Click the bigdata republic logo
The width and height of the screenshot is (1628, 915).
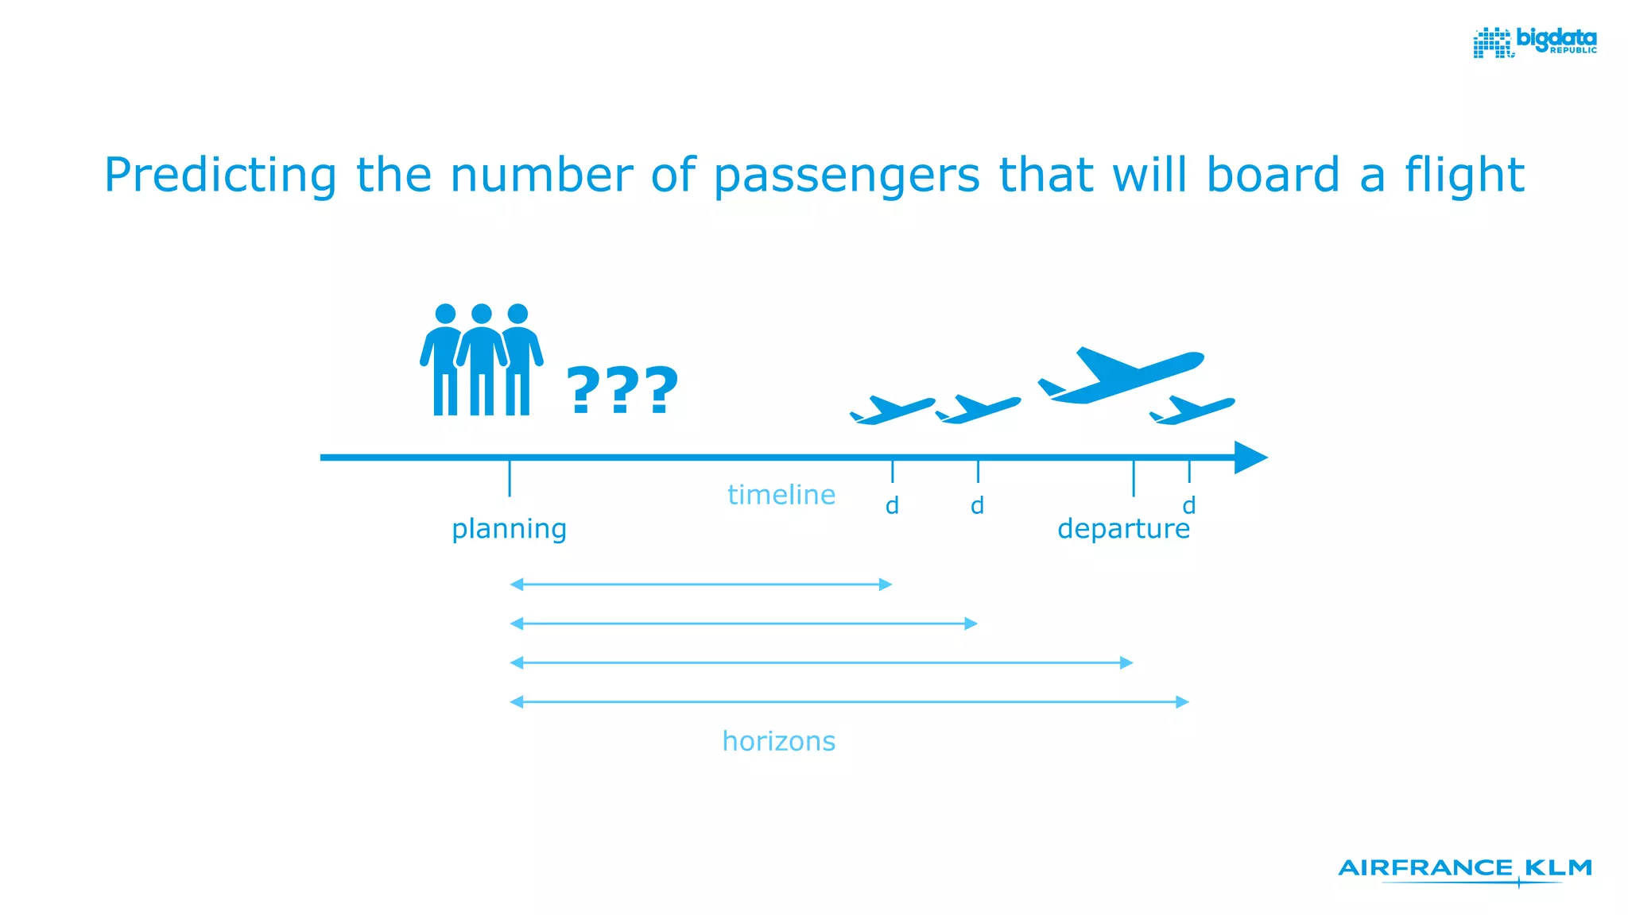pos(1534,42)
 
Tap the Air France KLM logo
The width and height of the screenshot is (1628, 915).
pos(1465,870)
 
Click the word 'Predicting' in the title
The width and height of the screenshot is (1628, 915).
pos(220,176)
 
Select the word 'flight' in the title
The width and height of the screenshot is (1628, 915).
pos(1464,176)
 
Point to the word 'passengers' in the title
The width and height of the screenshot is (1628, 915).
pos(847,176)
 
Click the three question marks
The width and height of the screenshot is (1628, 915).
pos(622,390)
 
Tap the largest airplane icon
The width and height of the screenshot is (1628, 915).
pos(1121,374)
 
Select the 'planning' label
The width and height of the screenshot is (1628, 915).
pos(509,529)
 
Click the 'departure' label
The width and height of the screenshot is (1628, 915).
pos(1123,529)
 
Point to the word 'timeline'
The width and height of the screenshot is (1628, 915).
pos(781,495)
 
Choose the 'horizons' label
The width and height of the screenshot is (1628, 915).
pos(779,741)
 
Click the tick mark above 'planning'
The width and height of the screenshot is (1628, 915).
pos(510,478)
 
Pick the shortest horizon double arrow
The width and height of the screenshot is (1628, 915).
pos(700,585)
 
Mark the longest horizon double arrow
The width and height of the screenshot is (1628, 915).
pos(849,702)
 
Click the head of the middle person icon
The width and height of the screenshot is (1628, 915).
pos(482,314)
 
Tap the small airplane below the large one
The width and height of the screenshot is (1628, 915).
pos(1192,410)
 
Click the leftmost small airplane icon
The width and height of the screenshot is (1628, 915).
pos(892,410)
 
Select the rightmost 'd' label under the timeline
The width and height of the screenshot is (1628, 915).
pos(1188,505)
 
